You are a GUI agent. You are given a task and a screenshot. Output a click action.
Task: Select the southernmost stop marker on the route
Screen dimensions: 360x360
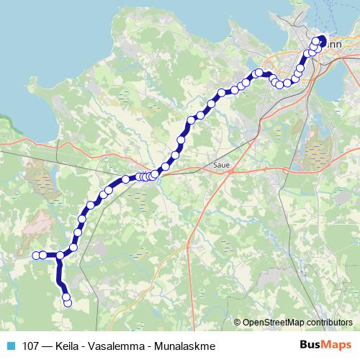click(x=68, y=303)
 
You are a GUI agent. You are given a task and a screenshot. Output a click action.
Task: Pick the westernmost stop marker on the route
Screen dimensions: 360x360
click(x=36, y=254)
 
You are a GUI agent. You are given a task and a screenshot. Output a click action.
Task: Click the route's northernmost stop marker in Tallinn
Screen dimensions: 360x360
click(x=321, y=39)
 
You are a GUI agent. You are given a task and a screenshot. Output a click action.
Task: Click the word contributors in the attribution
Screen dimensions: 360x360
click(x=332, y=323)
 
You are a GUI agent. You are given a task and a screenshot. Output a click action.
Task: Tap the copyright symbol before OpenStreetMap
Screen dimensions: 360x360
click(x=238, y=323)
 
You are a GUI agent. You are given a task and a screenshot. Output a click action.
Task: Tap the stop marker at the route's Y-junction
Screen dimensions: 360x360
click(x=60, y=255)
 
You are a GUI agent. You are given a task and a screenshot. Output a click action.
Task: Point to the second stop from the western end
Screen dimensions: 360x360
click(x=43, y=254)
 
